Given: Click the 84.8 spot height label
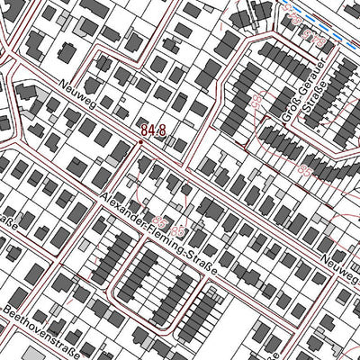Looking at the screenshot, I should (x=153, y=131).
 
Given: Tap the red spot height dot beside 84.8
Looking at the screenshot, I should (x=140, y=141).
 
